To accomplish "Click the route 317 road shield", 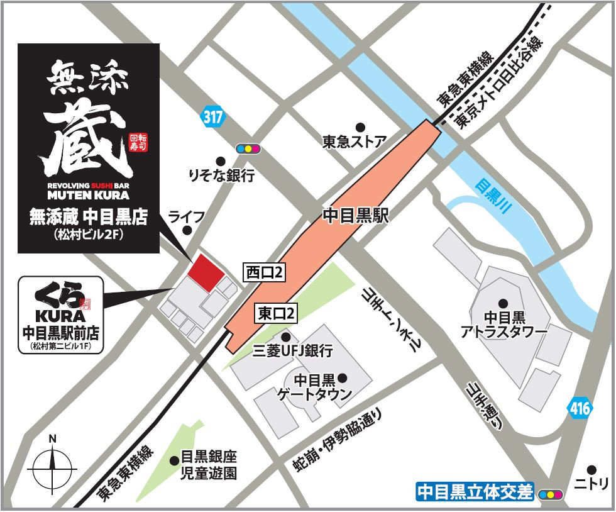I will (x=213, y=117).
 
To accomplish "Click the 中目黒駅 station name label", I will (x=356, y=216).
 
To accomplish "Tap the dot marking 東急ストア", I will (x=360, y=126).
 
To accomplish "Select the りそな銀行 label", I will (x=221, y=175).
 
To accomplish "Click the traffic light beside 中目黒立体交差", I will (x=549, y=494).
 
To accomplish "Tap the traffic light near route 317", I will (x=248, y=149).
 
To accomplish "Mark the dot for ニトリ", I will (x=591, y=469).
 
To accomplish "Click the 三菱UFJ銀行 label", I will (x=292, y=351).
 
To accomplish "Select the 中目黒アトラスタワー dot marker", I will (x=503, y=303).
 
